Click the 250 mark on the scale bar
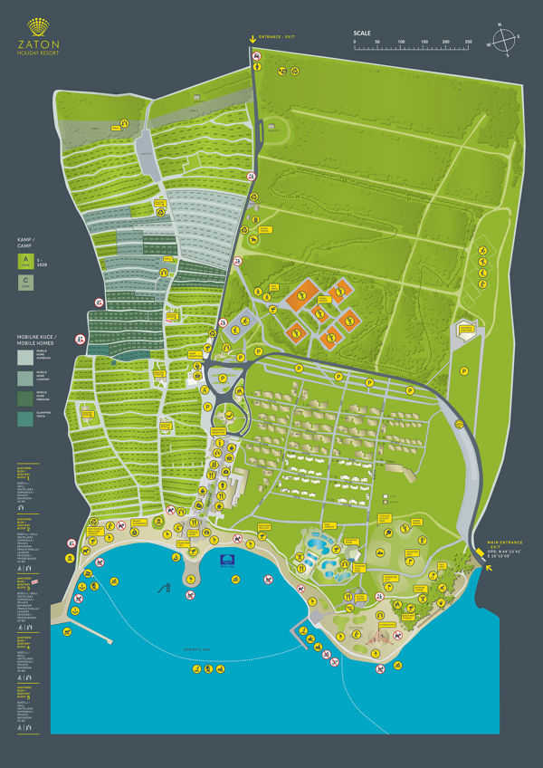tap(469, 43)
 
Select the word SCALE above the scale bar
tap(362, 34)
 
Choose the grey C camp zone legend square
tap(25, 283)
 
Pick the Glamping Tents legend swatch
tap(24, 417)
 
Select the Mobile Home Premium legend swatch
tap(24, 397)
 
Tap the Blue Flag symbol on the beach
tap(228, 561)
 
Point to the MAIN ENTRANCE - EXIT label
tap(503, 542)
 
